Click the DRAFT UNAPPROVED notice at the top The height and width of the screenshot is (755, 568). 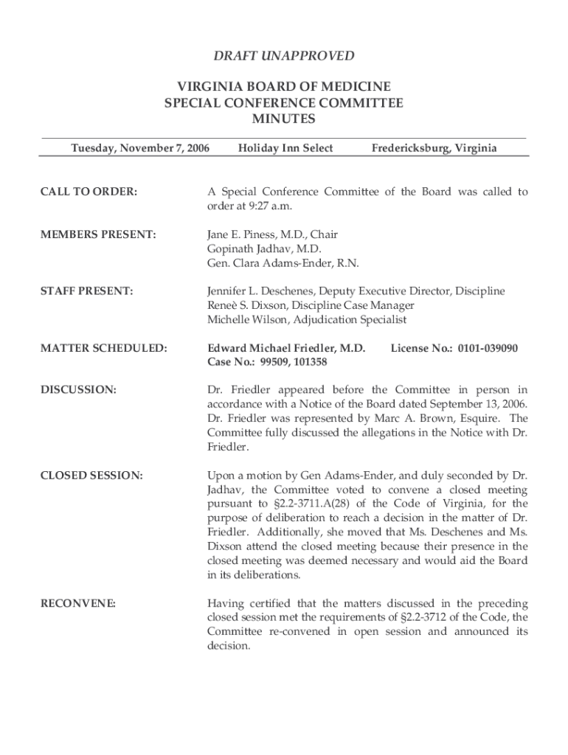[x=283, y=56]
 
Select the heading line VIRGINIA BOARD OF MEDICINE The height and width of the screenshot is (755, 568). [x=283, y=86]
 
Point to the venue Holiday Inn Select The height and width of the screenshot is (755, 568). [x=285, y=148]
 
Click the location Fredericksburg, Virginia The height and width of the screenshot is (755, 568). [x=434, y=148]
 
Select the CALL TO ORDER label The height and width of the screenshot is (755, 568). [x=89, y=192]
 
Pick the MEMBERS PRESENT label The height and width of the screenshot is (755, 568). [x=98, y=234]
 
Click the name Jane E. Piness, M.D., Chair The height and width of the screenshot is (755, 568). [x=272, y=234]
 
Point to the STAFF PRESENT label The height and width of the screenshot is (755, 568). [x=86, y=291]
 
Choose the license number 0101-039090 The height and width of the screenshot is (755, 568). [x=488, y=348]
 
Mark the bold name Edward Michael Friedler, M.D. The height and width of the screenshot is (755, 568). [x=286, y=348]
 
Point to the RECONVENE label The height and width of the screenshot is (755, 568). [x=78, y=604]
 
